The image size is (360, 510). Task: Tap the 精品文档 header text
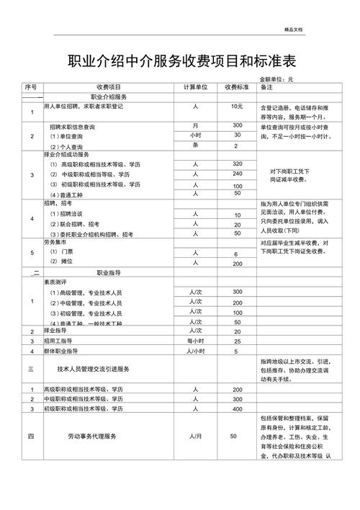294,28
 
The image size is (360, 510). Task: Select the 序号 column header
30,86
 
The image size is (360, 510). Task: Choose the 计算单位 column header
195,86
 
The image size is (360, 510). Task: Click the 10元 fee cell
237,106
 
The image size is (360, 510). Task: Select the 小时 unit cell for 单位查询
195,135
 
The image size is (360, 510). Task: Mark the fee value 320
237,164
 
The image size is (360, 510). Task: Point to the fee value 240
237,174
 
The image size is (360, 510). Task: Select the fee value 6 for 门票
236,255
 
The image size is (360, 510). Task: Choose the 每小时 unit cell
195,341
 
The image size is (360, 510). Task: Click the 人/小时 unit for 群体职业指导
195,351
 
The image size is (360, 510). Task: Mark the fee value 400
237,409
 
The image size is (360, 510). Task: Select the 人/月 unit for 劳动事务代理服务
195,437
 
